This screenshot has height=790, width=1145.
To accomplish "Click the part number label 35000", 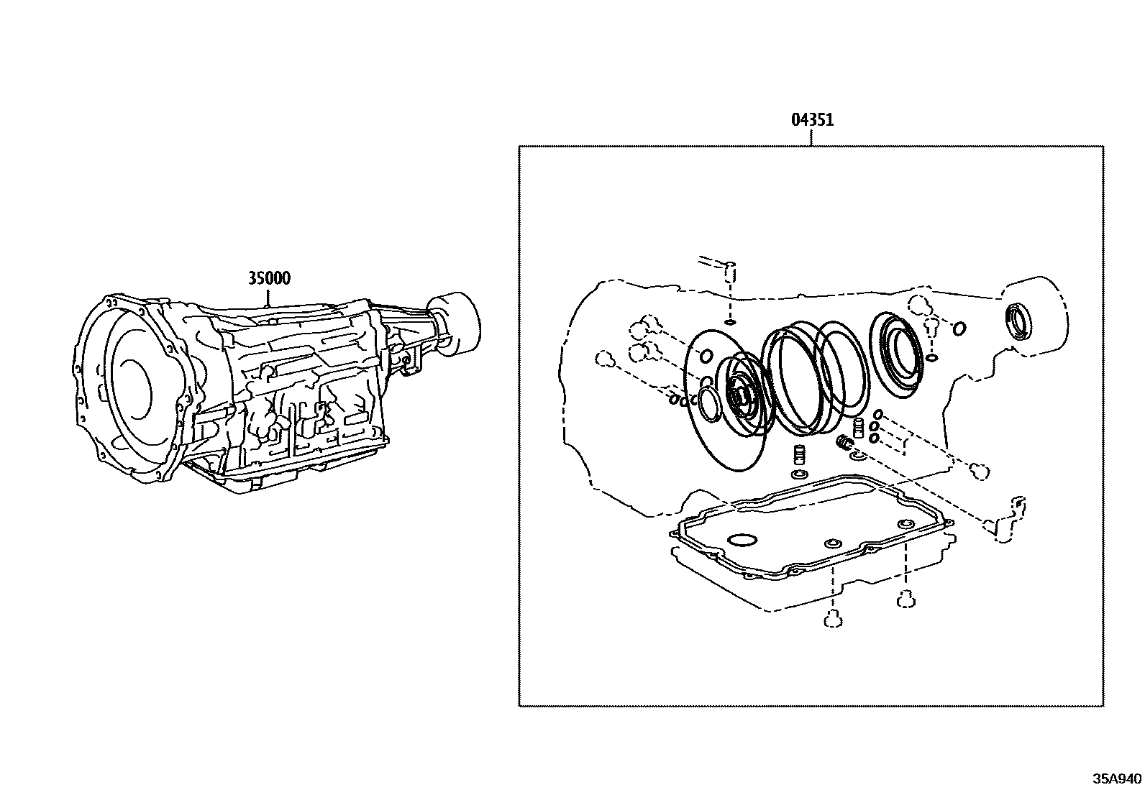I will coord(269,278).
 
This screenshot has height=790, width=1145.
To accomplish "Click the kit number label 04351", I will coord(812,120).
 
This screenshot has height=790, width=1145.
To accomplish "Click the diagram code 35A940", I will coord(1116,778).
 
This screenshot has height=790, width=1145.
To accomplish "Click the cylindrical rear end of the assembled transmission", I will coord(456,322).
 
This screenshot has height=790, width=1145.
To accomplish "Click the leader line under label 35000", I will coord(269,296).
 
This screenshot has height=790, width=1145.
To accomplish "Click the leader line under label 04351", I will coord(812,138).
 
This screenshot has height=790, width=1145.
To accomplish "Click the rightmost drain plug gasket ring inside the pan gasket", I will coord(905,524).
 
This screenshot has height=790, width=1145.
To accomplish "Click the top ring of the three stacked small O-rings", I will coord(878,415).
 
